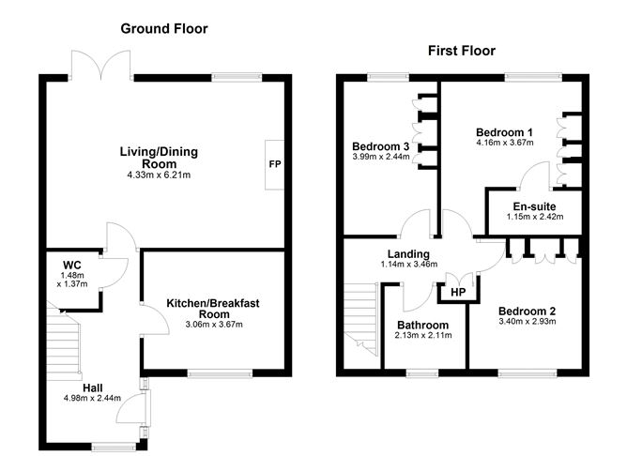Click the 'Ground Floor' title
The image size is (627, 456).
[x=163, y=28]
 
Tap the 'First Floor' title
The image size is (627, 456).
[x=461, y=51]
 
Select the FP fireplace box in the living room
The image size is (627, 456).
[x=275, y=164]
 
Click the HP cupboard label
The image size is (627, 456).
[x=458, y=292]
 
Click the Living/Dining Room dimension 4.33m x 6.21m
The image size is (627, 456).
[x=159, y=175]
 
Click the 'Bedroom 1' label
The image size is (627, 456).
[x=504, y=131]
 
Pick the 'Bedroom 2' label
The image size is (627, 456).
[x=527, y=311]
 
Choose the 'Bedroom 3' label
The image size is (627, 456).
[x=380, y=146]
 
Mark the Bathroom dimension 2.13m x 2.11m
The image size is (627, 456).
[x=423, y=335]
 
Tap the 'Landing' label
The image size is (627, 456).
[x=409, y=253]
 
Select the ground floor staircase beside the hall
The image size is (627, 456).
[x=60, y=342]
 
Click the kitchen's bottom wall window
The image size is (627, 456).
[x=220, y=374]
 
